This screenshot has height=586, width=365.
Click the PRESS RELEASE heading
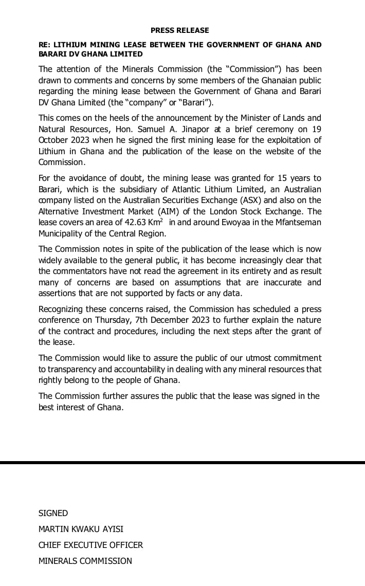180,31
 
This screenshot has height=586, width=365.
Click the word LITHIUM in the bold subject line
70,45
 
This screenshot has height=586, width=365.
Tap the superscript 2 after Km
161,219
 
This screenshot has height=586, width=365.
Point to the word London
230,211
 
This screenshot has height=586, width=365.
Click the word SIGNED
53,513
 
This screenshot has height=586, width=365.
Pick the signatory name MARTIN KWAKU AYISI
81,529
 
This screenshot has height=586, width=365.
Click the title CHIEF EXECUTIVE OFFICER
90,545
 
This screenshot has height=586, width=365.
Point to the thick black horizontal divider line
182,463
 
